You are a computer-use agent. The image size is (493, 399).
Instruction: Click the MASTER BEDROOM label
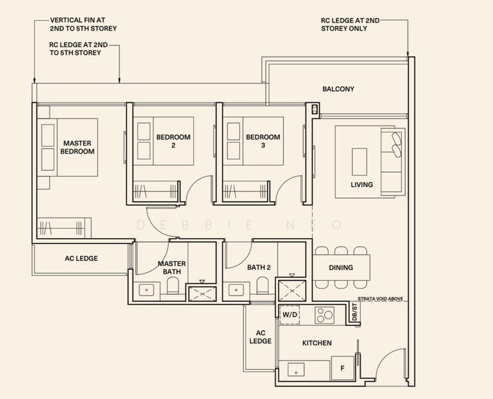[x=77, y=147]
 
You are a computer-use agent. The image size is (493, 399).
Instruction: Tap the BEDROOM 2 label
[x=173, y=141]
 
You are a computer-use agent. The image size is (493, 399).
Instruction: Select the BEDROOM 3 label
[x=263, y=141]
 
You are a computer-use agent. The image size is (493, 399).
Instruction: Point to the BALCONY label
[x=338, y=89]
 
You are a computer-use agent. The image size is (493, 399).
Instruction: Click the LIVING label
[x=362, y=185]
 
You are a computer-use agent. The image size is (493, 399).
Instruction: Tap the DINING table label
[x=341, y=267]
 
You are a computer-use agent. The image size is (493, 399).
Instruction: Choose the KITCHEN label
[x=317, y=343]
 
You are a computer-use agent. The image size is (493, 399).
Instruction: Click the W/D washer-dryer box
[x=290, y=315]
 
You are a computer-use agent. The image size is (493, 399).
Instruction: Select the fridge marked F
[x=342, y=368]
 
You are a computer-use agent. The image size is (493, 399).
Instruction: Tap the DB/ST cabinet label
[x=355, y=313]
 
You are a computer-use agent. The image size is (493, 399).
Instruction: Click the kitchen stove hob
[x=324, y=315]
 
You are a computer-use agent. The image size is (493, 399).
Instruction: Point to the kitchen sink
[x=296, y=370]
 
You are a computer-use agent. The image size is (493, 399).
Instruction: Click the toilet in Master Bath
[x=173, y=286]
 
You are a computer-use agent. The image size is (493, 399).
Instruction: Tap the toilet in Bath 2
[x=262, y=285]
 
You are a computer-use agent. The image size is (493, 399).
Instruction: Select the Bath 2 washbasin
[x=236, y=290]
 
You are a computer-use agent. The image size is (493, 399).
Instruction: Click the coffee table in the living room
[x=359, y=162]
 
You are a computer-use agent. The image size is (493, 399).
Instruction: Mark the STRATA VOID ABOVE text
[x=380, y=299]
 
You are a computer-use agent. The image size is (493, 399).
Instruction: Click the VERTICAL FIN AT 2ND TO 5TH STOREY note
[x=83, y=24]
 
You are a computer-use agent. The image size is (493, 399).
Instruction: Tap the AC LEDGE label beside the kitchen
[x=260, y=337]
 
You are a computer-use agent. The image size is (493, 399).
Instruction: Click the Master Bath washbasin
[x=147, y=290]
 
